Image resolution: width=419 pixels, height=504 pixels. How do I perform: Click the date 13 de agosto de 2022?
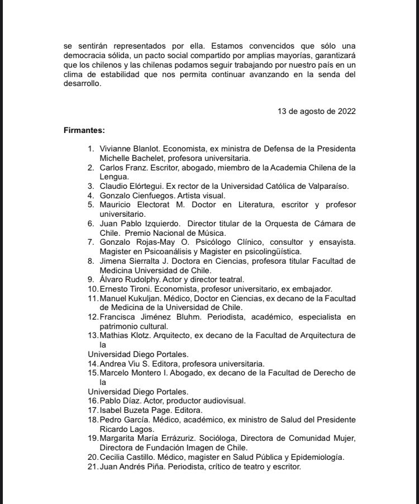316,111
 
